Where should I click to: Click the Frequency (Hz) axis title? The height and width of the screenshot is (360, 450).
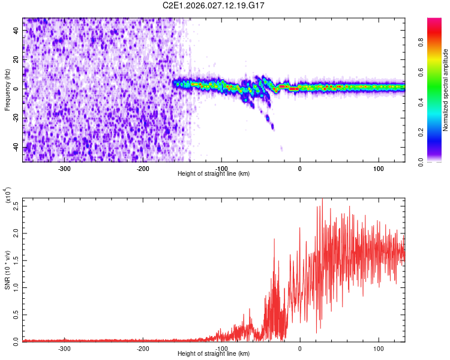click(x=7, y=90)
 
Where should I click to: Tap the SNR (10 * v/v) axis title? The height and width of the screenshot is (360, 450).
click(x=7, y=270)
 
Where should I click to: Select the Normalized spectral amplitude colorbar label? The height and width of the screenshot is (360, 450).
click(x=445, y=90)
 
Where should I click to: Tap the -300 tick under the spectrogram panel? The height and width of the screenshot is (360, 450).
click(x=64, y=168)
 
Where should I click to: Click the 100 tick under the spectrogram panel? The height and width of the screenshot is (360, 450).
click(x=379, y=168)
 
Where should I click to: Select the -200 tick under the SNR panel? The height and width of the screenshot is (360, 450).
click(x=143, y=348)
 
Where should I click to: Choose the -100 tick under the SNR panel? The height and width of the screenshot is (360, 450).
click(x=221, y=348)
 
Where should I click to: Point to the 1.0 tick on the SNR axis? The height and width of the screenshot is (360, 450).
click(x=16, y=286)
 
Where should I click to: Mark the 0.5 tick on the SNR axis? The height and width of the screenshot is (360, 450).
click(x=16, y=313)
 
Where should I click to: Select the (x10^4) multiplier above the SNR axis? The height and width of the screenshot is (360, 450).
click(x=8, y=197)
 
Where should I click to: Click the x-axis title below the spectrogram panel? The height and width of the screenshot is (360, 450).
click(x=214, y=174)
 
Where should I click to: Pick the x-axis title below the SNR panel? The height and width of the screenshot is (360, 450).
click(x=214, y=354)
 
